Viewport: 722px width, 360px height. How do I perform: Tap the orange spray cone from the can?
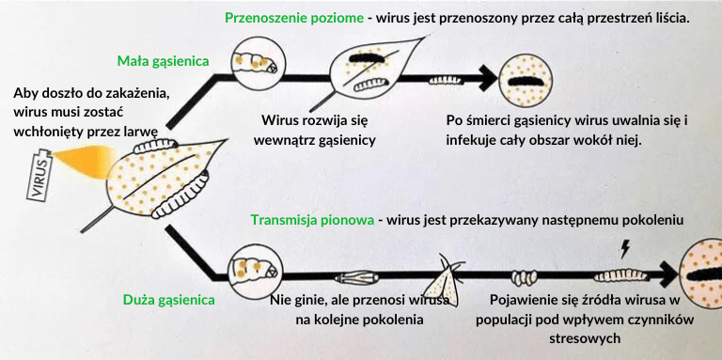pyautogui.click(x=83, y=161)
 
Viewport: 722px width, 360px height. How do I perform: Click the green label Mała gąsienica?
pyautogui.click(x=163, y=61)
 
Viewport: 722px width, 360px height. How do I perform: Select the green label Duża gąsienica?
pyautogui.click(x=168, y=300)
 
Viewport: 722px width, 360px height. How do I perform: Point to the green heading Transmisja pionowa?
pyautogui.click(x=312, y=220)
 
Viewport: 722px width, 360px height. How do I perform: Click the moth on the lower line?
pyautogui.click(x=443, y=281)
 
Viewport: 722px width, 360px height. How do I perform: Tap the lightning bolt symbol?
pyautogui.click(x=625, y=248)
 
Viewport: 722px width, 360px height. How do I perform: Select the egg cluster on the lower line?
pyautogui.click(x=525, y=277)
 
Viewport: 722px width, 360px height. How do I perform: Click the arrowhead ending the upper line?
pyautogui.click(x=488, y=79)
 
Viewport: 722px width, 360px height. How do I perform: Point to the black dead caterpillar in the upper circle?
pyautogui.click(x=526, y=81)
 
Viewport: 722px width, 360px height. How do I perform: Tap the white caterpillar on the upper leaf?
pyautogui.click(x=371, y=84)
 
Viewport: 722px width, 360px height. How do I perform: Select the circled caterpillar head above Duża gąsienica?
pyautogui.click(x=255, y=270)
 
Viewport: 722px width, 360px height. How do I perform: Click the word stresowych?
pyautogui.click(x=585, y=338)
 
